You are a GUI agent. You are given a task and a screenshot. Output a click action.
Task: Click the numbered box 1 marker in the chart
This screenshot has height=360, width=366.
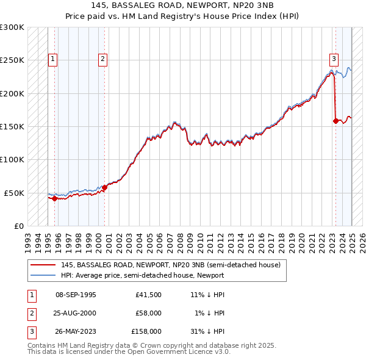coord(53,59)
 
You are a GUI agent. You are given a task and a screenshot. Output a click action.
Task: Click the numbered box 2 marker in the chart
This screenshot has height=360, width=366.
coord(102,59)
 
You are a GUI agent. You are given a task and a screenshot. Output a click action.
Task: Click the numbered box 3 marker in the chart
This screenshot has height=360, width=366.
coord(334,59)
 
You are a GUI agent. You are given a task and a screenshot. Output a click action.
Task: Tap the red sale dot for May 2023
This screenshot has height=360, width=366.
coord(336,121)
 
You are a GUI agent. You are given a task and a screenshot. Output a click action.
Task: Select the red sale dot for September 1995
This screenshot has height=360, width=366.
coord(55,198)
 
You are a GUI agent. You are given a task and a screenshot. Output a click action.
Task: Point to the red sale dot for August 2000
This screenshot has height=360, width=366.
coord(104,187)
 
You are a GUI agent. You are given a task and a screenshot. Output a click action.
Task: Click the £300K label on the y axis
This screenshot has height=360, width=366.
coord(12,27)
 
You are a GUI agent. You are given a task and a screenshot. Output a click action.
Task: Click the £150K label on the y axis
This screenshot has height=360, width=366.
coord(12,127)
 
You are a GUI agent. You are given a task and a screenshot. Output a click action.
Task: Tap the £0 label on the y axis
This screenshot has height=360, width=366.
coord(18,226)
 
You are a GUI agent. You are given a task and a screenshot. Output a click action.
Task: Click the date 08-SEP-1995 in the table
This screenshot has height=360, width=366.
coord(76,295)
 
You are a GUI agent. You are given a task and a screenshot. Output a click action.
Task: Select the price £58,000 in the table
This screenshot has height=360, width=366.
coord(149,313)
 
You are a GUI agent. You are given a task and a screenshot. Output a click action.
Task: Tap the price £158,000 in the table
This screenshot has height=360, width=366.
coord(146,331)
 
